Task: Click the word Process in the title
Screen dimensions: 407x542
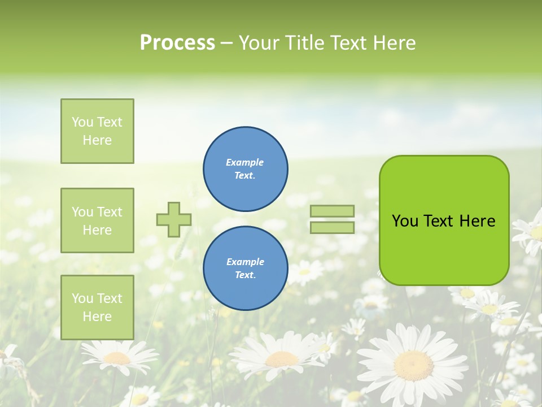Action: pyautogui.click(x=177, y=42)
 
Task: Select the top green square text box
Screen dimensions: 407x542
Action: pyautogui.click(x=97, y=131)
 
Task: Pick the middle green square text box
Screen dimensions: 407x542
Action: pyautogui.click(x=97, y=220)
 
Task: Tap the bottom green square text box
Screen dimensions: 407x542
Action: pyautogui.click(x=97, y=308)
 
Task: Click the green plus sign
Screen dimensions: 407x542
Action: pyautogui.click(x=174, y=219)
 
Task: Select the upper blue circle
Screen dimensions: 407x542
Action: pyautogui.click(x=246, y=169)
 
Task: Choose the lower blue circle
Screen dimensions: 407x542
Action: pyautogui.click(x=246, y=269)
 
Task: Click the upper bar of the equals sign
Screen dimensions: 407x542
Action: pyautogui.click(x=333, y=211)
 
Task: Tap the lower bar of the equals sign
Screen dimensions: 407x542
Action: pyautogui.click(x=333, y=227)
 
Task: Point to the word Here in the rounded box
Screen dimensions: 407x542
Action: pyautogui.click(x=477, y=221)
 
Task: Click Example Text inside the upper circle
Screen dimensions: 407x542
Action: pyautogui.click(x=245, y=169)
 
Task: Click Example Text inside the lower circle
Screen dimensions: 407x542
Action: pyautogui.click(x=245, y=269)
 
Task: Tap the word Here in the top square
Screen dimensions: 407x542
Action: pyautogui.click(x=97, y=140)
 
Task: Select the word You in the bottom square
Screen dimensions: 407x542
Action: pyautogui.click(x=82, y=298)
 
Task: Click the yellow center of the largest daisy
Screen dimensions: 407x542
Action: pyautogui.click(x=413, y=365)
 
